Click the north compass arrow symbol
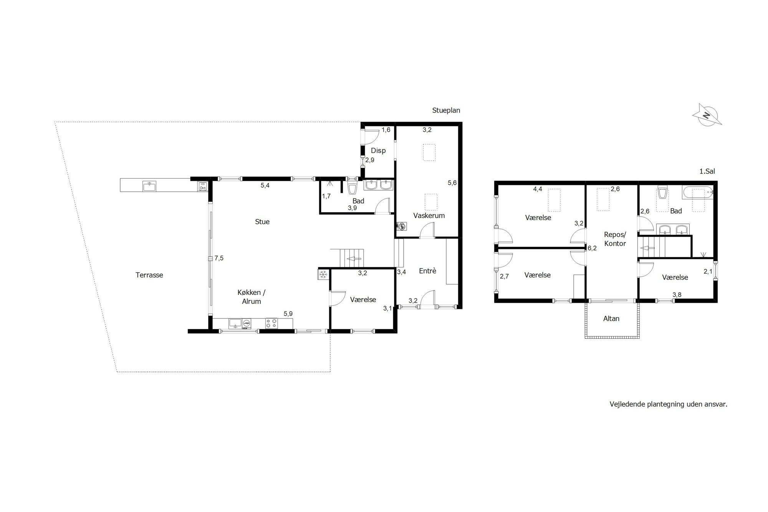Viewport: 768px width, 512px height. pos(707,114)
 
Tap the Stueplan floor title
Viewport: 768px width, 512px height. pos(446,111)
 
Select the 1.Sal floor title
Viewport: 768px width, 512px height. pos(707,171)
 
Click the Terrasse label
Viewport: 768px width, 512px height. pos(149,275)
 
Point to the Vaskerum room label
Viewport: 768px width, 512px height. pos(429,215)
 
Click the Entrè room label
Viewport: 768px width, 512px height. pos(428,271)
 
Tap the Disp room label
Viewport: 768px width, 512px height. pos(378,151)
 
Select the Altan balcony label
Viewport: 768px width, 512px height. pos(611,318)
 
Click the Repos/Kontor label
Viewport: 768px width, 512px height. pos(615,239)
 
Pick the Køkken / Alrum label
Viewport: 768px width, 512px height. pos(252,297)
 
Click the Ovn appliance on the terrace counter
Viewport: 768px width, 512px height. pos(202,186)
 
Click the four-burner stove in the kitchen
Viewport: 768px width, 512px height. pos(272,323)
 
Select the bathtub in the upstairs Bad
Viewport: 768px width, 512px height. pos(698,192)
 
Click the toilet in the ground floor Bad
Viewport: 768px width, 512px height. pos(352,188)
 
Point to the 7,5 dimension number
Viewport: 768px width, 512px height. pos(219,258)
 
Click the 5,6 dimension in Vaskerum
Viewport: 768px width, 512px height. pos(452,183)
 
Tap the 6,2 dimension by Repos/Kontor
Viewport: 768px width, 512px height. pos(592,248)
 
